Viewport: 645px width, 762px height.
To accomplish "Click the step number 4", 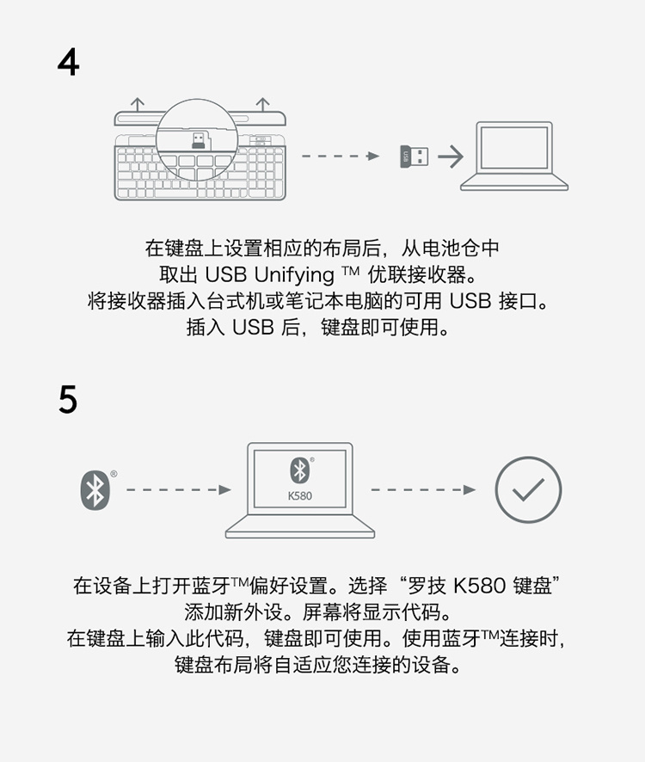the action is [69, 62].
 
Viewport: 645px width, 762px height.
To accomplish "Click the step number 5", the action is [68, 399].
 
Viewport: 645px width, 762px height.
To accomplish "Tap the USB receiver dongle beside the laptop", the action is [415, 157].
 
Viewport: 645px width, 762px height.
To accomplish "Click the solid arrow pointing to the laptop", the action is [451, 157].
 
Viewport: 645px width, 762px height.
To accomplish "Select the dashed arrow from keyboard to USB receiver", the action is [341, 156].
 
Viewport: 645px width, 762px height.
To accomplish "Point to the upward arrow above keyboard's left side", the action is [138, 104].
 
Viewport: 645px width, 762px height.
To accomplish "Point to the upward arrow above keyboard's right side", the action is [262, 104].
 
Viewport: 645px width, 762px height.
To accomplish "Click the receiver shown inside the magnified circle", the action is [198, 140].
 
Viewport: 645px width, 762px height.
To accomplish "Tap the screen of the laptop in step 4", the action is [514, 148].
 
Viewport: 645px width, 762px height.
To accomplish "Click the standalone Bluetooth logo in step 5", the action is [95, 490].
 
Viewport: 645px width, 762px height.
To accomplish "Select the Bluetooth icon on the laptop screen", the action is [299, 470].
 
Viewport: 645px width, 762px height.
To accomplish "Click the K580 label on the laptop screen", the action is [300, 496].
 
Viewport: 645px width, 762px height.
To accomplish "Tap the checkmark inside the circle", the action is [528, 489].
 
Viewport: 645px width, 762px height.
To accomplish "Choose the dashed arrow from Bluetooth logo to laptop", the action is [178, 490].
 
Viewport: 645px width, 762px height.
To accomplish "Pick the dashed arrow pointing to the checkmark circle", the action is [423, 490].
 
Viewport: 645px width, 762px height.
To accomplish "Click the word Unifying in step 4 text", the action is [294, 275].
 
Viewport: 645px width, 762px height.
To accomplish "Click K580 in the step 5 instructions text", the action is [479, 586].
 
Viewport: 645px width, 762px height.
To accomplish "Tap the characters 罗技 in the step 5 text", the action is [427, 586].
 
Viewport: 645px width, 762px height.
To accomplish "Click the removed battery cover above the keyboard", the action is [200, 119].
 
